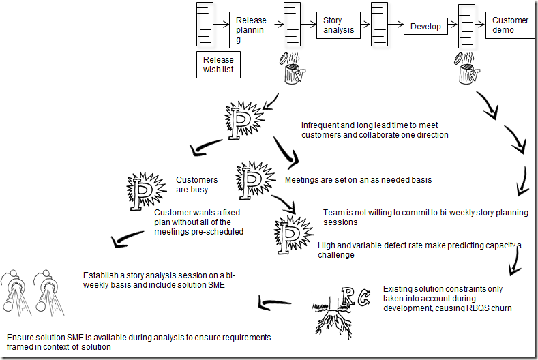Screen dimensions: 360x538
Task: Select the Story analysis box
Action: point(339,25)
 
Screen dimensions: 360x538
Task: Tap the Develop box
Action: point(425,27)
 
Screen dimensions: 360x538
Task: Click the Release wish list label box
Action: point(218,65)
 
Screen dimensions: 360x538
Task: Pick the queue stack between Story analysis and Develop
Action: point(380,25)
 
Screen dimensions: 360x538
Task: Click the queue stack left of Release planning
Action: point(205,24)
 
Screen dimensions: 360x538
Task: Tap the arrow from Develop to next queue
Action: point(451,27)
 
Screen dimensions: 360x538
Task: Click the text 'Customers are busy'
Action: point(197,185)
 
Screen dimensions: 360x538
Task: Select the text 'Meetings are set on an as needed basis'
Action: point(358,181)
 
